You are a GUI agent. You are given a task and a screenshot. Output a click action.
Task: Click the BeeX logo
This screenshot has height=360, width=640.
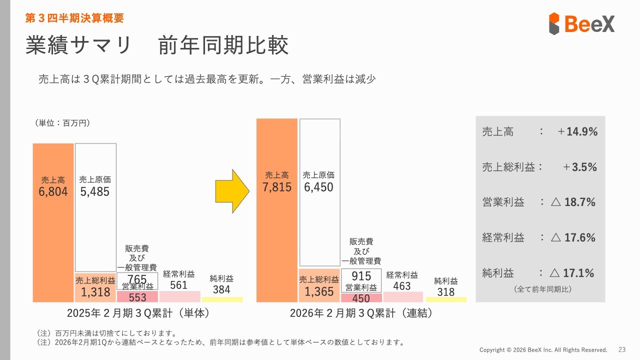click(581, 23)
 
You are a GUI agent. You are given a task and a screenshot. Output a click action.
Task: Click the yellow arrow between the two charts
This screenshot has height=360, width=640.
click(231, 190)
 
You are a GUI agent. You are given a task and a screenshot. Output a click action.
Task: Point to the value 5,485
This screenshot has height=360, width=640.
click(95, 191)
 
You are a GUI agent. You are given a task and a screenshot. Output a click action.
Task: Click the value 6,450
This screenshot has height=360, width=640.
click(319, 187)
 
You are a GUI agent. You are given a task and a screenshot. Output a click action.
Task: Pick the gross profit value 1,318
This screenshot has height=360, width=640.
click(95, 292)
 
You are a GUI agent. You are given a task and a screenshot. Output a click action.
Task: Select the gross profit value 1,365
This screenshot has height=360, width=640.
click(319, 292)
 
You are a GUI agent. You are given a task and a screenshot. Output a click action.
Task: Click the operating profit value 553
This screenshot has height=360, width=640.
click(137, 297)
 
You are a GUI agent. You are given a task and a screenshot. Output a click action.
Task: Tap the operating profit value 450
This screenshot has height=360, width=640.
click(361, 298)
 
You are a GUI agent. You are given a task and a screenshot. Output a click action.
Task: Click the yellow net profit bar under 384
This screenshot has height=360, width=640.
click(221, 299)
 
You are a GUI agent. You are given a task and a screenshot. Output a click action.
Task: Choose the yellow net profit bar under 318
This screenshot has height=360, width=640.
click(445, 299)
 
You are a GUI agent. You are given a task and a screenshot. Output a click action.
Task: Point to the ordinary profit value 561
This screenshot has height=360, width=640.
click(178, 285)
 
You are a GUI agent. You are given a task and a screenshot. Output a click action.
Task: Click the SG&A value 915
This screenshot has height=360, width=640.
click(361, 276)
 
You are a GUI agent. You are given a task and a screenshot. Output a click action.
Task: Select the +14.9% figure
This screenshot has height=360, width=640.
click(577, 132)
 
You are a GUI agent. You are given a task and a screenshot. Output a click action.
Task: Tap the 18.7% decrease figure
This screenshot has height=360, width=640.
click(579, 202)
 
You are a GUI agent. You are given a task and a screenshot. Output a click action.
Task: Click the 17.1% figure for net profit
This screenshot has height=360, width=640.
click(579, 273)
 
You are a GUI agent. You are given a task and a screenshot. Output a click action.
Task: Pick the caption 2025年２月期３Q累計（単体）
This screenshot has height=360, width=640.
click(137, 313)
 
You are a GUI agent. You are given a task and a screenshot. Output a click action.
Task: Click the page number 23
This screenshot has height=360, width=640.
click(622, 349)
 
